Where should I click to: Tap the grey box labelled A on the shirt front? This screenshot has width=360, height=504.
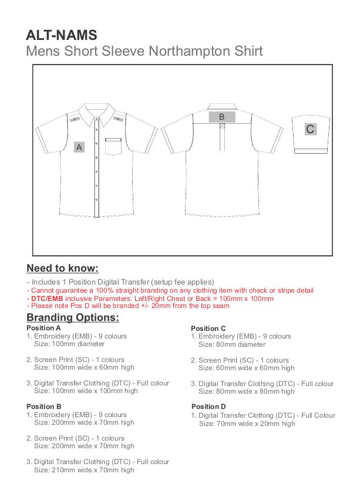click(x=79, y=147)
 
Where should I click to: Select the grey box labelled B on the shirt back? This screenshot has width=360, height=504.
click(x=221, y=117)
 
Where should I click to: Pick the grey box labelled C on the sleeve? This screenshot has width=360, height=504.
click(x=310, y=129)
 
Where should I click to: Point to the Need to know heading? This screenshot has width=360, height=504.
click(x=62, y=269)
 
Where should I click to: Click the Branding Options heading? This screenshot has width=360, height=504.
click(x=73, y=317)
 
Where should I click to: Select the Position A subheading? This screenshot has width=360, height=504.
click(x=44, y=327)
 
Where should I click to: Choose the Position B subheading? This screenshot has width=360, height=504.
click(x=44, y=406)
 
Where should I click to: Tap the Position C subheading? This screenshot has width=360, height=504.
click(x=208, y=328)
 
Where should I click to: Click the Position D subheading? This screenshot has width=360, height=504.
click(x=208, y=407)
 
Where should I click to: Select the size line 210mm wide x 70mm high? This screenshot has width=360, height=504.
click(x=84, y=469)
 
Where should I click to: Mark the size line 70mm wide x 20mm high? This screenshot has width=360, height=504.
click(x=247, y=423)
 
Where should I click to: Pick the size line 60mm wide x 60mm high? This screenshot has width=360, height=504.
click(x=247, y=368)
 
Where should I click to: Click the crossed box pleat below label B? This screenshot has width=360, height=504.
click(x=221, y=125)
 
